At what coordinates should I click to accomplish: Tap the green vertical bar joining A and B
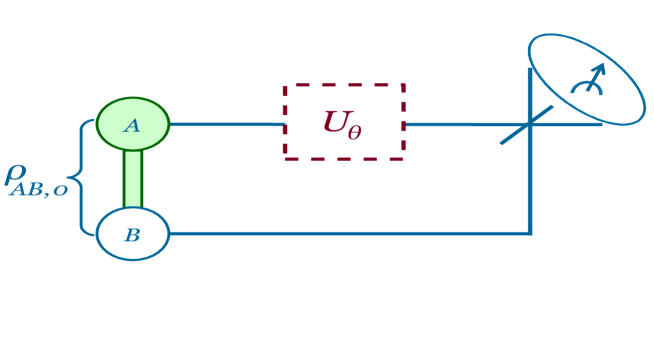click(132, 179)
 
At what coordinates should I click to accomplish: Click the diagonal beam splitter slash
click(529, 126)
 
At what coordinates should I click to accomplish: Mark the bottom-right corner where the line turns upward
click(529, 234)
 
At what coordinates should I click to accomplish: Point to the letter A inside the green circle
click(131, 125)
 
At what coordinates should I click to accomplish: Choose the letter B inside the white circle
click(132, 237)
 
